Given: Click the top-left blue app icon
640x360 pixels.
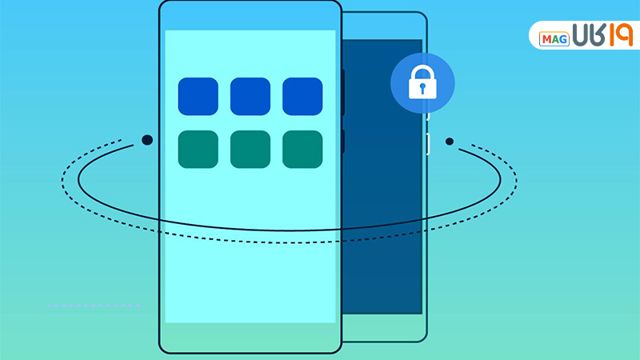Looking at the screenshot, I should pyautogui.click(x=198, y=96).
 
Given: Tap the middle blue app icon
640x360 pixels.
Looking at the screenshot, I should pyautogui.click(x=250, y=96).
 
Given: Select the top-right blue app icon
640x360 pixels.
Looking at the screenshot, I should pyautogui.click(x=302, y=96).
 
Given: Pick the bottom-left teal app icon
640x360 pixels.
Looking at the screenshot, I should pyautogui.click(x=198, y=149).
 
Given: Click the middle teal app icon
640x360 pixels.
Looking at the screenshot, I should pyautogui.click(x=250, y=149).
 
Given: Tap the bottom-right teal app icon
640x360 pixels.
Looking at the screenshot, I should pyautogui.click(x=302, y=149).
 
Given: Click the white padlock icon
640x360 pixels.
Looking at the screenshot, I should pyautogui.click(x=422, y=82).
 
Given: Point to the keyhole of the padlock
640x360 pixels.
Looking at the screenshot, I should pyautogui.click(x=422, y=87).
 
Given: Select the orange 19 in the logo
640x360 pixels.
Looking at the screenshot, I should pyautogui.click(x=612, y=36).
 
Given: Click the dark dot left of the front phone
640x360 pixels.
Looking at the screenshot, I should pyautogui.click(x=146, y=140).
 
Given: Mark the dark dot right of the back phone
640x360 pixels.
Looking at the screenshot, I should pyautogui.click(x=450, y=142).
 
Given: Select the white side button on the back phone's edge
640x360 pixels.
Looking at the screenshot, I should pyautogui.click(x=428, y=144).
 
